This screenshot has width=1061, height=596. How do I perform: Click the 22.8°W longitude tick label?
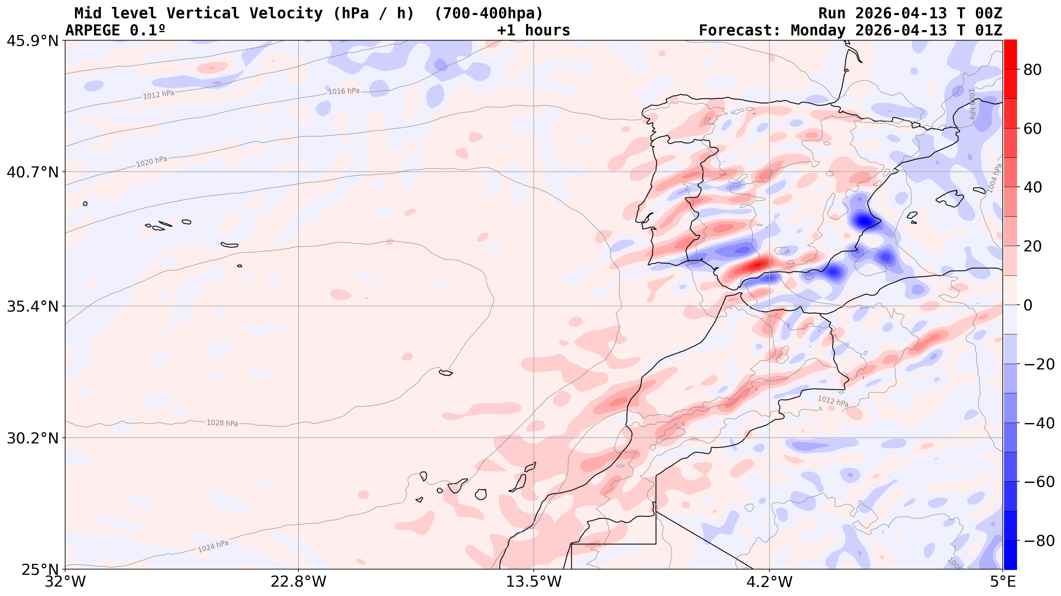tap(298, 582)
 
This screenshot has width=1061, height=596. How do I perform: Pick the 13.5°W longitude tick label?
tap(534, 582)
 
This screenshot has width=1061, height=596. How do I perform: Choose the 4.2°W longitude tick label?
tap(769, 582)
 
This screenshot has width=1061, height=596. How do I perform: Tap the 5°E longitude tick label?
tap(1002, 582)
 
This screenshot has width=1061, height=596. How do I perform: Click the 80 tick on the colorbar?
tap(1032, 70)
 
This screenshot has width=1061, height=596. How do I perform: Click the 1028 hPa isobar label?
tap(222, 423)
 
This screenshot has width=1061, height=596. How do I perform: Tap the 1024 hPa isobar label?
tap(213, 546)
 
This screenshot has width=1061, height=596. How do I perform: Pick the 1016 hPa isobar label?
tap(344, 91)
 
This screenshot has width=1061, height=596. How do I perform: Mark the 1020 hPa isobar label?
tap(151, 162)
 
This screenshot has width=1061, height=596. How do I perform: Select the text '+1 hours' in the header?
tap(533, 31)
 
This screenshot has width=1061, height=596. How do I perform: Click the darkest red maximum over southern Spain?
tap(757, 265)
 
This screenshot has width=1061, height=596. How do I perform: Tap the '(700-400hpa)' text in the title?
tap(489, 13)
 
